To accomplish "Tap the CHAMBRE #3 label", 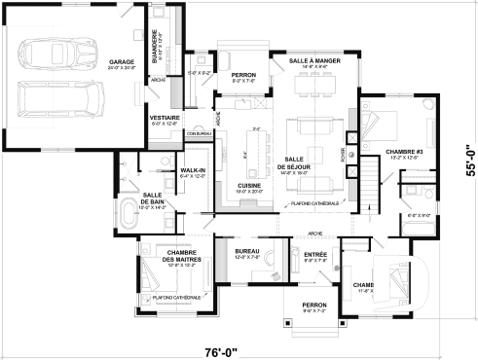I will pos(401,152).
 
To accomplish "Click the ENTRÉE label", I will pos(314,254).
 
